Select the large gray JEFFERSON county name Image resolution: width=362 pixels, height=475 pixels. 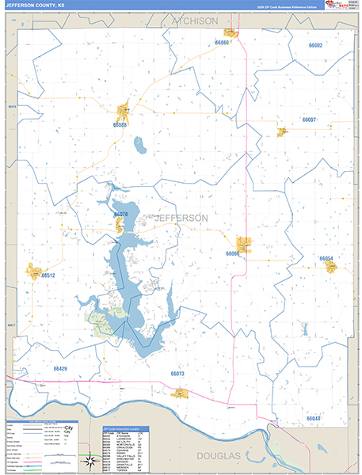pos(181,218)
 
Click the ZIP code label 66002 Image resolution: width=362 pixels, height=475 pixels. pos(314,46)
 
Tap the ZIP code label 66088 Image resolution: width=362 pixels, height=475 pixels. pos(120,125)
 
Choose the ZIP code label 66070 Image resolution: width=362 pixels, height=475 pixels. pos(121,215)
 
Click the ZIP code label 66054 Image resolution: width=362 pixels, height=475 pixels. pos(326,259)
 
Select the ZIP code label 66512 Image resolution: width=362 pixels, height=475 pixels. pos(48,275)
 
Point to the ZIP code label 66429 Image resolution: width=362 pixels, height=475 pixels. pos(61,369)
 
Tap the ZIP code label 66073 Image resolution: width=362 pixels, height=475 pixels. pos(177,374)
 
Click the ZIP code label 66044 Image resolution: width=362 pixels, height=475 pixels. pos(314,418)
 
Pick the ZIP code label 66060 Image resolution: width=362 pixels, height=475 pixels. pos(223,43)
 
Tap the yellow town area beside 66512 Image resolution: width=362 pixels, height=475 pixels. pos(34,272)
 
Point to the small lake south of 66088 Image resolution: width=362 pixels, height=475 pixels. pos(140,146)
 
